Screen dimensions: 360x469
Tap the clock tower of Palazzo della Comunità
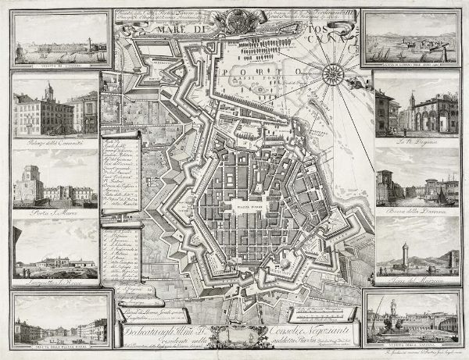point(48,92)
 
